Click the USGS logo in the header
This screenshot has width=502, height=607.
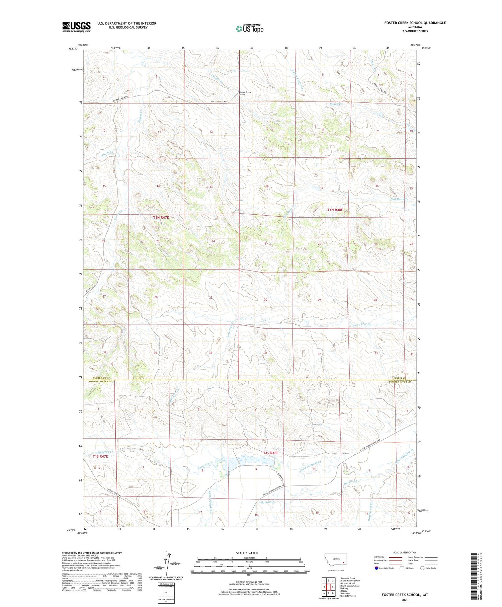click(76, 27)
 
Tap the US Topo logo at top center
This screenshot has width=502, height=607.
click(250, 28)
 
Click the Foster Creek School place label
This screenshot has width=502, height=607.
click(245, 93)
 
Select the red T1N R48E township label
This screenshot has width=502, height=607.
click(335, 210)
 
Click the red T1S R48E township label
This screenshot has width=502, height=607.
click(270, 453)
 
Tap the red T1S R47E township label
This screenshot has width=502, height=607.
click(100, 456)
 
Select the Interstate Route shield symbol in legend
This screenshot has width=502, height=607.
click(376, 568)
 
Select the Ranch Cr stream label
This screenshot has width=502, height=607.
click(336, 104)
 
